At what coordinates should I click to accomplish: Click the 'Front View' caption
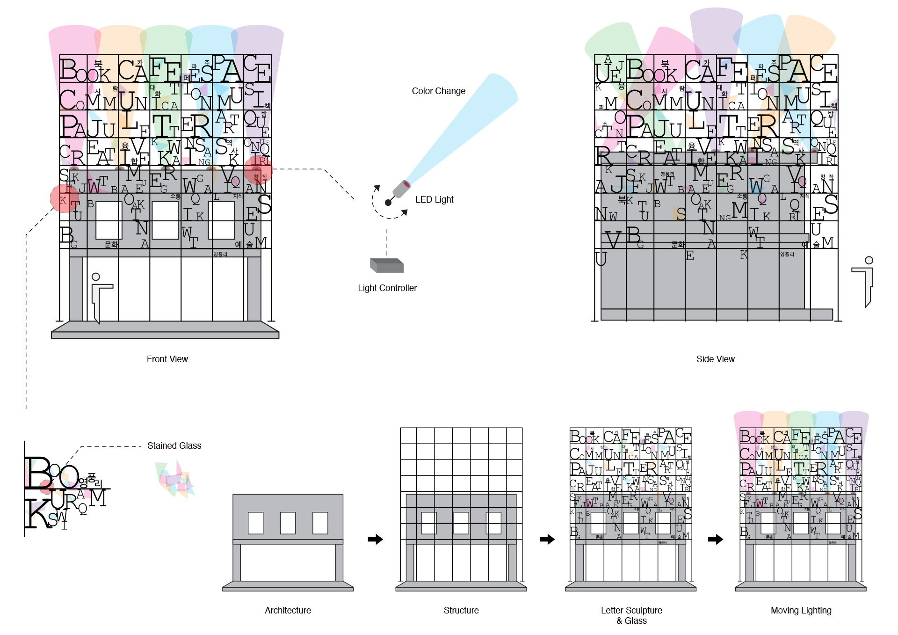point(167,359)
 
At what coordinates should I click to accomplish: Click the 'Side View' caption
point(715,359)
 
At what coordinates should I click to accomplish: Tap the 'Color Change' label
point(438,91)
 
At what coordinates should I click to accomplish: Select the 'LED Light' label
point(434,199)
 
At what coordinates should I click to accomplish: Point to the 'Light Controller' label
point(387,288)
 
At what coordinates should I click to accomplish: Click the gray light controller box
point(387,265)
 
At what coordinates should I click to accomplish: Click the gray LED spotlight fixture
point(401,189)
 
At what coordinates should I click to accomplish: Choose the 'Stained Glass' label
point(174,445)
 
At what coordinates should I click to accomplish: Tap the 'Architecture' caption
point(288,610)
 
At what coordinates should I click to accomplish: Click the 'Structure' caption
point(461,610)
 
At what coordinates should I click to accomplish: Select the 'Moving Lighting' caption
point(801,610)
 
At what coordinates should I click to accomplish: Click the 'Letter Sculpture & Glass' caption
point(631,615)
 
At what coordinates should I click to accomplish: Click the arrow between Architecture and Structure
point(375,540)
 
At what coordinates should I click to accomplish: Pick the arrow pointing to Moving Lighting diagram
point(715,540)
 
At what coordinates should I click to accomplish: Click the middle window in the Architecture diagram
point(288,523)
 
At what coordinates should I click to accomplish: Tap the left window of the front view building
point(109,220)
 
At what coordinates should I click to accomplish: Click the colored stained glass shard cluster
point(175,479)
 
